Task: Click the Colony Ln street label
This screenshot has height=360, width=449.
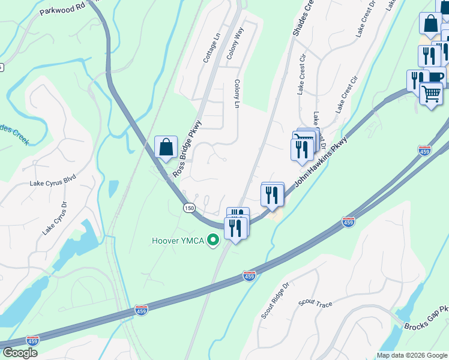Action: tap(237, 94)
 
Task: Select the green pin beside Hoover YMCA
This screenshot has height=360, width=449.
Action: tap(212, 241)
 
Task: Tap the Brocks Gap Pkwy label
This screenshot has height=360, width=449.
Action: tap(426, 318)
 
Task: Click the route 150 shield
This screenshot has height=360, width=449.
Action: tap(189, 207)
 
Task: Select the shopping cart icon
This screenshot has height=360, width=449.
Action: tap(432, 94)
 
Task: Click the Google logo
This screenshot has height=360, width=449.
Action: tap(20, 353)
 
